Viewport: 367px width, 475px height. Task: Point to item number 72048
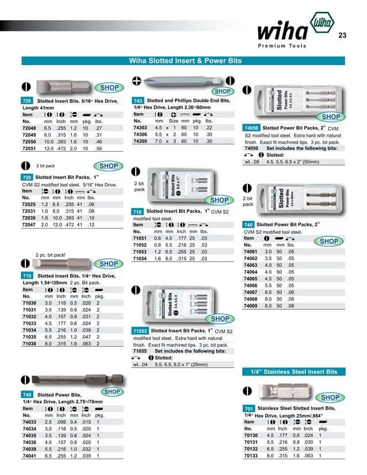click(x=29, y=128)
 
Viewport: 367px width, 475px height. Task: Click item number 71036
click(x=29, y=344)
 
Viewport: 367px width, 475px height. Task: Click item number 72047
click(x=29, y=225)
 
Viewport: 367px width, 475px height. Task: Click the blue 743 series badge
click(x=138, y=101)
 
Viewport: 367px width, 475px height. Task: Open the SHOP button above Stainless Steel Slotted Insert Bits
click(x=330, y=397)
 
